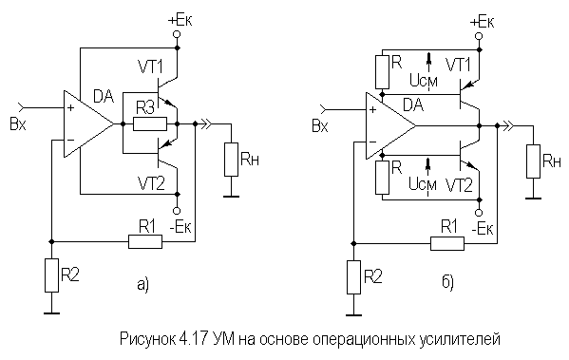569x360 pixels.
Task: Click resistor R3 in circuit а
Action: click(149, 123)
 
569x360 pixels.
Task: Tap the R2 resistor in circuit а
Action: click(52, 276)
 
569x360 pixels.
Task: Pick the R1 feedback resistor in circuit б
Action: click(446, 242)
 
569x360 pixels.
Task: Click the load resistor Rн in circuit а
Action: click(231, 159)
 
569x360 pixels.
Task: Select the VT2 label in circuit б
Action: click(460, 182)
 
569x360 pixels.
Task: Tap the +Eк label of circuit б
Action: click(480, 21)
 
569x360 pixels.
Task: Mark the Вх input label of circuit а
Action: click(17, 123)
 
